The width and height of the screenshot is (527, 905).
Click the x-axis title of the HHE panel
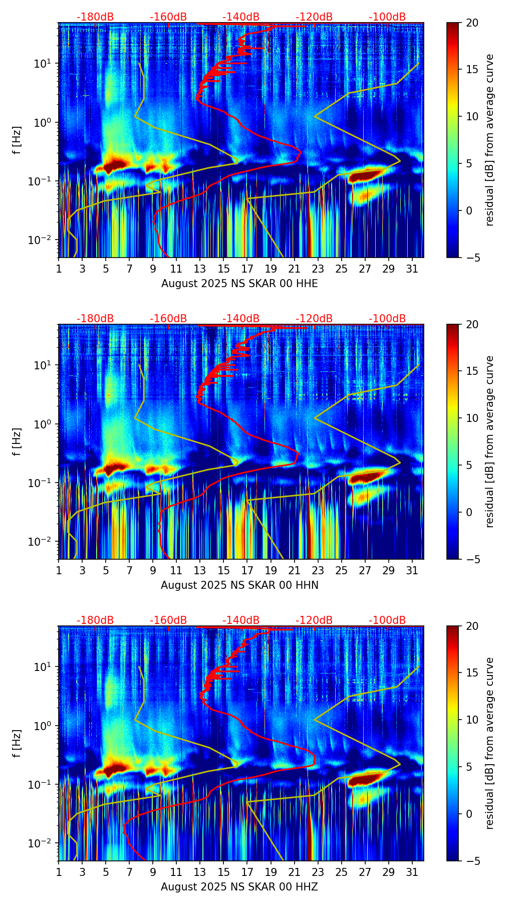(x=239, y=284)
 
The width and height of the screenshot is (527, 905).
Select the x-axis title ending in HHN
(x=239, y=585)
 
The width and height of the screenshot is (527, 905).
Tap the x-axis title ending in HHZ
(x=239, y=887)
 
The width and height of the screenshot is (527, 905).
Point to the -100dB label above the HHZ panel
(x=387, y=620)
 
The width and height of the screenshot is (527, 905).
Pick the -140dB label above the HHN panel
(x=241, y=319)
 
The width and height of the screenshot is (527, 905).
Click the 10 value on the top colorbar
(x=471, y=116)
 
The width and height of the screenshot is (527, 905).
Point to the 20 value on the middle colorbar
(x=471, y=324)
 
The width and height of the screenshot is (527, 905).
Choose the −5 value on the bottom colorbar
(x=471, y=861)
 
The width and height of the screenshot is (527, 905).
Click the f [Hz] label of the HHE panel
(x=17, y=140)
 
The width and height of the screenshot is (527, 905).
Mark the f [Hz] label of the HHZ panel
(x=17, y=743)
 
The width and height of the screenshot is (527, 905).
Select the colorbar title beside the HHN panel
(x=490, y=441)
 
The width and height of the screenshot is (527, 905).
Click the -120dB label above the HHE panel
(x=314, y=17)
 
